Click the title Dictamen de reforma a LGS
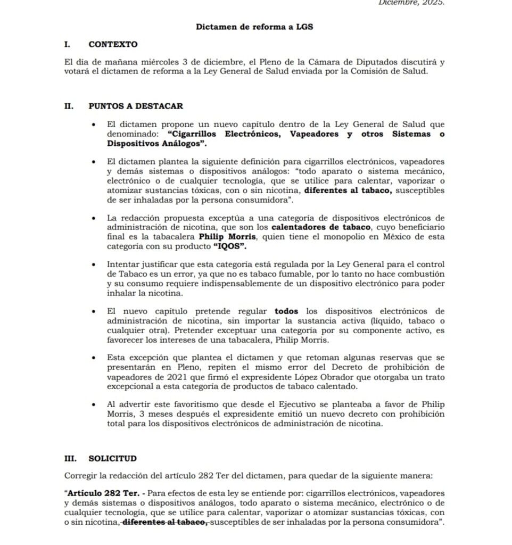(254, 26)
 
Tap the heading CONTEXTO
(113, 44)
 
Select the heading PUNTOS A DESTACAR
(136, 106)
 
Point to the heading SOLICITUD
(112, 458)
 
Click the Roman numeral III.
(71, 458)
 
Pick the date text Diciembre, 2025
(411, 3)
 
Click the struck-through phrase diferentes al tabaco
(164, 523)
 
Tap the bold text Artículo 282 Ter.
(100, 493)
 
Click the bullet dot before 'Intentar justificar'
(94, 265)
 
